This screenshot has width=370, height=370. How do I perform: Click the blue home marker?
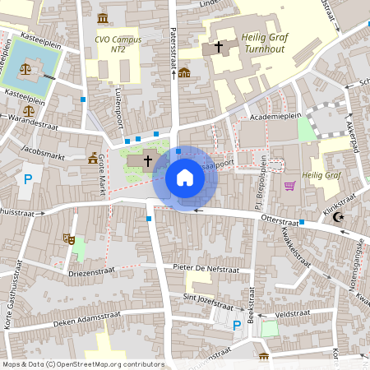tap(184, 177)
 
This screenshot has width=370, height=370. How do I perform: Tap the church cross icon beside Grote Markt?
tap(148, 160)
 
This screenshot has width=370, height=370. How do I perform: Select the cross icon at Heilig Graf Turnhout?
tap(218, 48)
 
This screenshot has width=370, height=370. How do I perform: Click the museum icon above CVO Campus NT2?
tap(102, 18)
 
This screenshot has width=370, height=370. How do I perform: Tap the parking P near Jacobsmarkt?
tap(29, 179)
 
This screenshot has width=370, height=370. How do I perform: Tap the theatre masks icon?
tap(68, 238)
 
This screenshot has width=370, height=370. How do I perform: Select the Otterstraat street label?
tap(278, 221)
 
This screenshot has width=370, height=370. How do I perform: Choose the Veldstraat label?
tap(290, 313)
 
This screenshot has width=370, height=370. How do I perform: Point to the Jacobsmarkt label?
tap(44, 151)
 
